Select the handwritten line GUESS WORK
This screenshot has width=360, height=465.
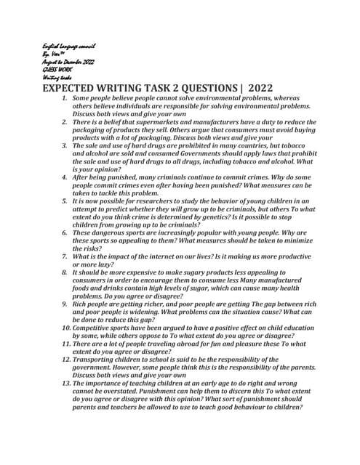(x=57, y=70)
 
